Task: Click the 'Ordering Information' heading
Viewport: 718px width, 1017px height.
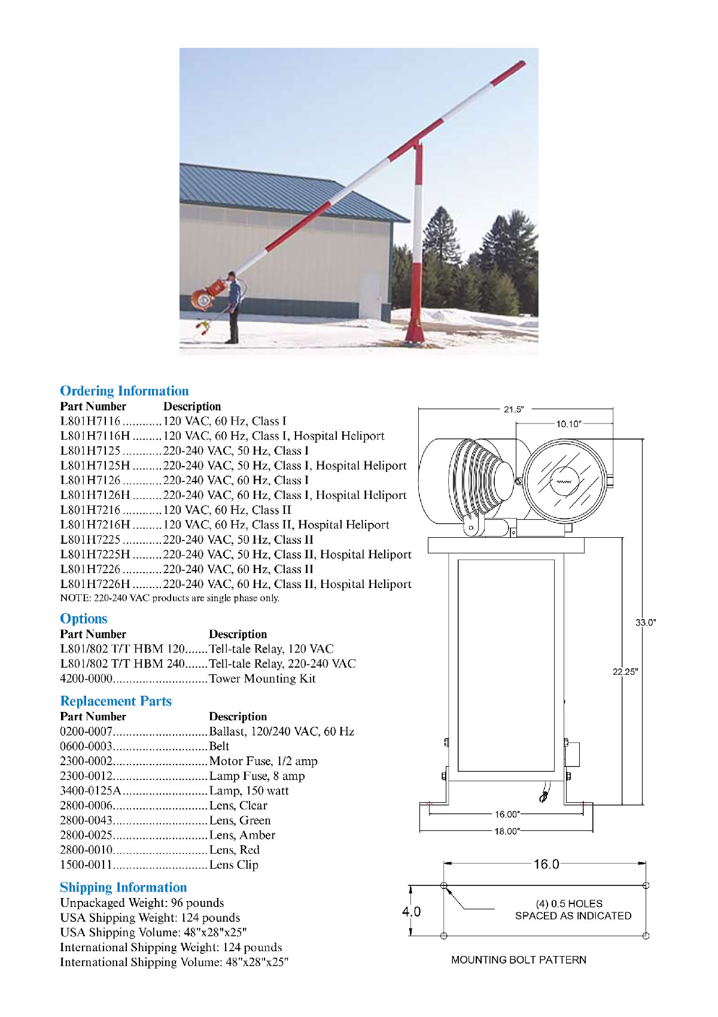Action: coord(124,391)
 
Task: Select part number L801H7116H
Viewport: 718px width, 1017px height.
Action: coord(95,436)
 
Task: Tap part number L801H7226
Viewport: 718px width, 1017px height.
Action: coord(90,570)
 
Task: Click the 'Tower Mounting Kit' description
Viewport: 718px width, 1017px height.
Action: coord(262,679)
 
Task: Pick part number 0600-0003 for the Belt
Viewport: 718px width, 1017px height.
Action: coord(86,747)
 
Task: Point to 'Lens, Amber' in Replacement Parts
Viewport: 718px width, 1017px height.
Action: coord(242,835)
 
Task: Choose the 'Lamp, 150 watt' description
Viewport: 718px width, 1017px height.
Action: coord(249,791)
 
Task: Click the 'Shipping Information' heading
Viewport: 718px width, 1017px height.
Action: coord(123,888)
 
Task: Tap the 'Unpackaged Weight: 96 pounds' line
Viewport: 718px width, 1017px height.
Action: coord(142,903)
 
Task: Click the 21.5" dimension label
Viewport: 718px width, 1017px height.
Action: coord(513,410)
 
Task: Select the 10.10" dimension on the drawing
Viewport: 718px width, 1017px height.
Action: coord(568,424)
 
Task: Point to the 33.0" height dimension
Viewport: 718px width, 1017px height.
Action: coord(646,623)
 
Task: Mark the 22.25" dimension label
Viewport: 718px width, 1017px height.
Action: coord(625,672)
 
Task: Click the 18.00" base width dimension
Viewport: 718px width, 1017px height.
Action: coord(507,832)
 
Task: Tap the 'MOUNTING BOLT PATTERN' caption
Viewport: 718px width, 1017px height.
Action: coord(519,960)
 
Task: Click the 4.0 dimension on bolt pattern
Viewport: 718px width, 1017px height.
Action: coord(411,912)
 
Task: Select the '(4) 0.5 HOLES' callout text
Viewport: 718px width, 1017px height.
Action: coord(569,904)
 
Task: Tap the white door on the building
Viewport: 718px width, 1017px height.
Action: coord(369,296)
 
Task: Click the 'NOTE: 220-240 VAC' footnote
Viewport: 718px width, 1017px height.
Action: coord(169,598)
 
